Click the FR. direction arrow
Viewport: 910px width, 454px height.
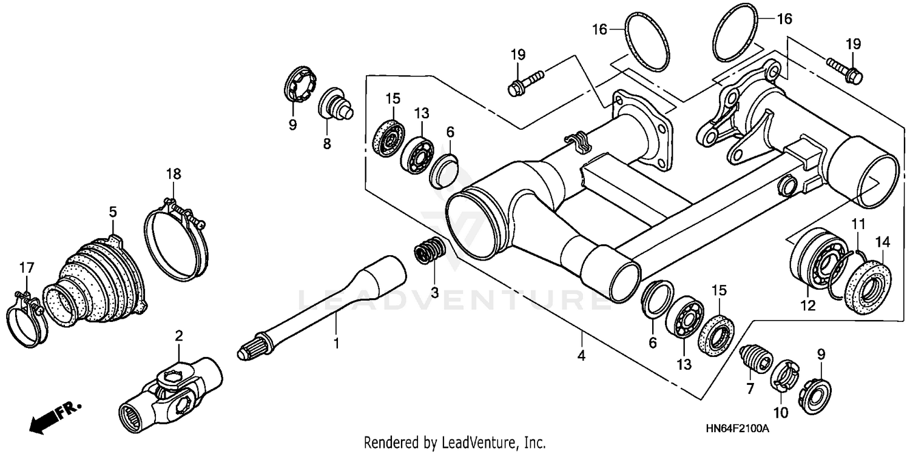pyautogui.click(x=55, y=416)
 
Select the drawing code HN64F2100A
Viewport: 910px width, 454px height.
pyautogui.click(x=737, y=429)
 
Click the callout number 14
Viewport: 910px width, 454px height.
pyautogui.click(x=882, y=242)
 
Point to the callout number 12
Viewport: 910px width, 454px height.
pyautogui.click(x=807, y=307)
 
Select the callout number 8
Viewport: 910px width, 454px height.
pyautogui.click(x=326, y=144)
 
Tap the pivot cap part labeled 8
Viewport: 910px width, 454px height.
pyautogui.click(x=335, y=104)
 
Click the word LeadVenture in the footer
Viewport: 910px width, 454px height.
pyautogui.click(x=488, y=442)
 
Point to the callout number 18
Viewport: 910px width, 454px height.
pyautogui.click(x=174, y=174)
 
